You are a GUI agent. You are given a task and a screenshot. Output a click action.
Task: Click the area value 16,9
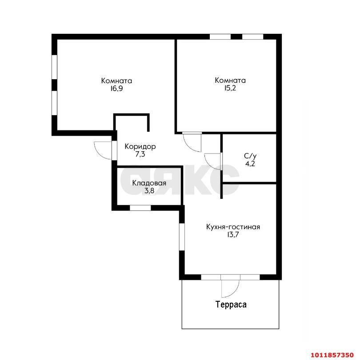click(116, 89)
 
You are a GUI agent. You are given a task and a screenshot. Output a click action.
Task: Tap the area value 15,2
click(230, 88)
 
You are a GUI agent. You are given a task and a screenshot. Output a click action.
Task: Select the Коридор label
click(140, 146)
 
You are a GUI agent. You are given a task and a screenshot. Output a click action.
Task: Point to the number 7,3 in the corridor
click(140, 154)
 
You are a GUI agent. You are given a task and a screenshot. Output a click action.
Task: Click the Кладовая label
click(149, 183)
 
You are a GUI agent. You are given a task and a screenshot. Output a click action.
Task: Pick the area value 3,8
click(149, 191)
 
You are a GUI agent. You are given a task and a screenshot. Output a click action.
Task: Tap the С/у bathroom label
click(250, 156)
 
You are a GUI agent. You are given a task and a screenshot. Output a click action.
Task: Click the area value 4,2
click(250, 164)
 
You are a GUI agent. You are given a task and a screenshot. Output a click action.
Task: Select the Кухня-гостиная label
click(233, 227)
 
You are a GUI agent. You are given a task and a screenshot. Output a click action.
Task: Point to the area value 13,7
click(233, 235)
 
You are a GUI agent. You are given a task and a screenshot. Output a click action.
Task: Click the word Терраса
click(231, 304)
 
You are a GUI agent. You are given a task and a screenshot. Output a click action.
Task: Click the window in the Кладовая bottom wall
click(140, 208)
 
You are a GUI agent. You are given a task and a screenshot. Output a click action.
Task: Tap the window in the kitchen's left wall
click(182, 237)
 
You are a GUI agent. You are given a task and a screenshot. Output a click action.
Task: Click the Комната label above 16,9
click(116, 81)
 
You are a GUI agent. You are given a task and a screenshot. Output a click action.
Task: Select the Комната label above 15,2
click(230, 81)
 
